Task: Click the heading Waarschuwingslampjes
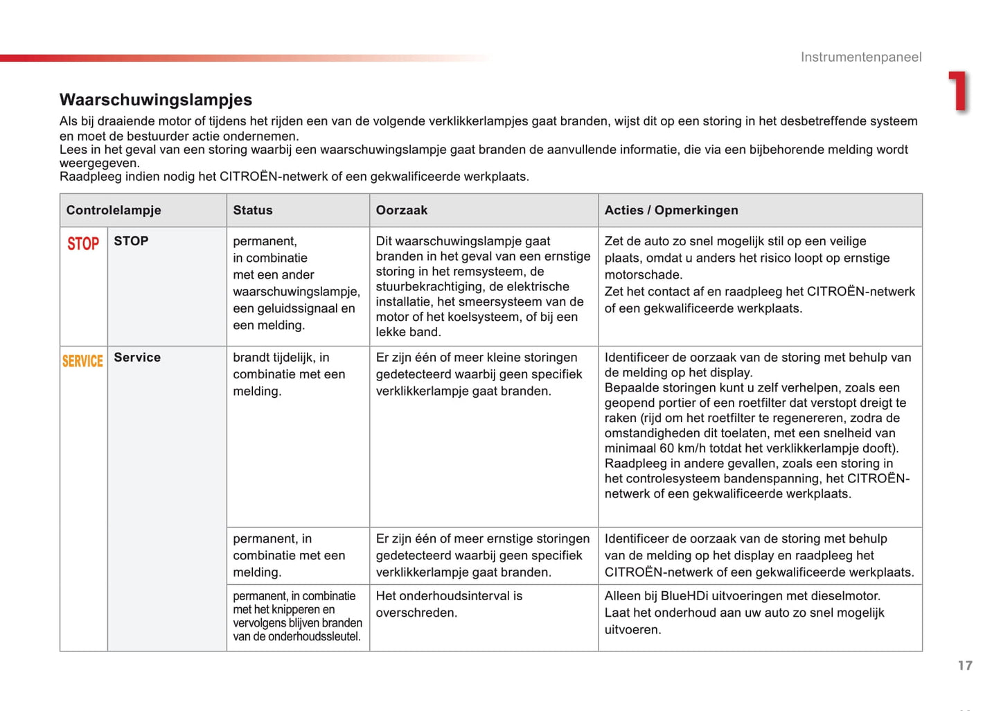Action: click(156, 100)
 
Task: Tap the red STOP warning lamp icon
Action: click(83, 244)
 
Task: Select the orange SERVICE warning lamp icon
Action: click(82, 361)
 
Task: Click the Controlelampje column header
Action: click(114, 210)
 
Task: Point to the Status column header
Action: click(253, 210)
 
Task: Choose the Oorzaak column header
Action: click(402, 210)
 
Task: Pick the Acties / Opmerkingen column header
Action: click(671, 210)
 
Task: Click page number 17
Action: click(965, 665)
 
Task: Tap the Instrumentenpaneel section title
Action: click(861, 57)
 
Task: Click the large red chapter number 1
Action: click(959, 91)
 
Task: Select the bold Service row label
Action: click(137, 358)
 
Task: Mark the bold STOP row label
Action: click(131, 241)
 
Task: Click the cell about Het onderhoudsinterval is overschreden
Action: click(449, 604)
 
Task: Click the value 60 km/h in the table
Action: click(691, 448)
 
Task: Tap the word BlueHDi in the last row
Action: click(685, 596)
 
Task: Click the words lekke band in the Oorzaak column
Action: click(408, 332)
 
